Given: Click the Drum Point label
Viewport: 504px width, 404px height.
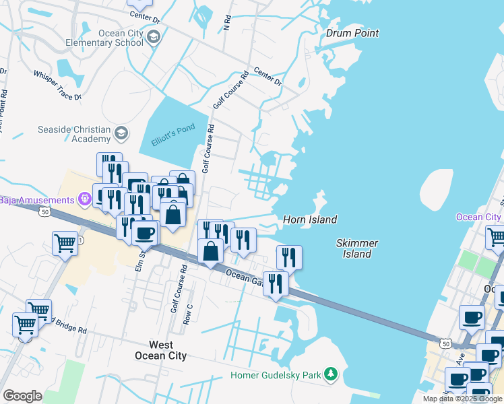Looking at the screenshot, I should (x=352, y=33).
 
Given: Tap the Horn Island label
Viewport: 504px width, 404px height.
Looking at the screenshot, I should (x=310, y=220).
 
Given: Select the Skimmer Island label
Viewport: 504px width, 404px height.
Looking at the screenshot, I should (x=356, y=248).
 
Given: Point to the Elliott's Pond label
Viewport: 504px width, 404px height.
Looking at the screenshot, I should (x=172, y=128).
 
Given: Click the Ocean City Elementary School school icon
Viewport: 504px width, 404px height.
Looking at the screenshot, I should (x=154, y=37).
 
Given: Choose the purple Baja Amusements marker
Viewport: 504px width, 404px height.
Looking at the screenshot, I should (x=85, y=199).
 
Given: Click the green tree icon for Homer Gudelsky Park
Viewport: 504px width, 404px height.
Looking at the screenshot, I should (x=330, y=374).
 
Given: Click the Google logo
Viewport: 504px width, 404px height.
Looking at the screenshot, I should (x=22, y=396).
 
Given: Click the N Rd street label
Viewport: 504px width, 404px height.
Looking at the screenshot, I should (x=227, y=24).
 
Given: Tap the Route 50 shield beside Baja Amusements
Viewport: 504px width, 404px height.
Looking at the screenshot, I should (x=44, y=211).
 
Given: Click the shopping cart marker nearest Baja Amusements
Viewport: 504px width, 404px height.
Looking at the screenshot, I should (x=65, y=242).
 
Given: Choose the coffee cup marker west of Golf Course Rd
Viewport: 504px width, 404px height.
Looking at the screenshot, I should (x=144, y=233).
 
